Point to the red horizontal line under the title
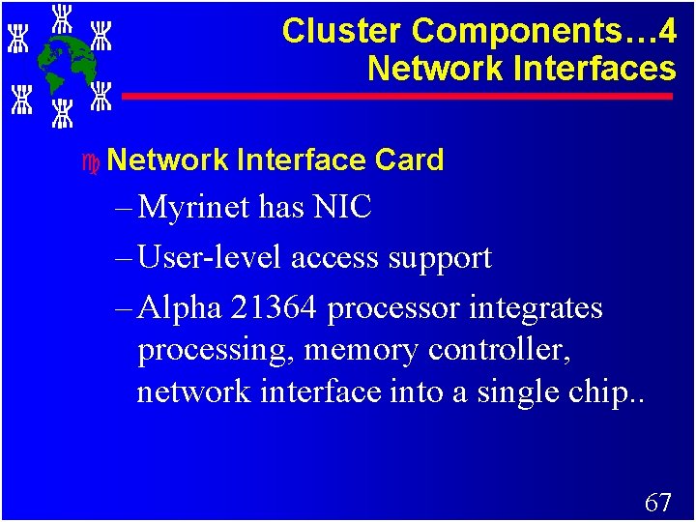pyautogui.click(x=396, y=97)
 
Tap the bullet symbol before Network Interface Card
pyautogui.click(x=91, y=160)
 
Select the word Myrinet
pyautogui.click(x=197, y=207)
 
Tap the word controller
pyautogui.click(x=501, y=350)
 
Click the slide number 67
pyautogui.click(x=657, y=502)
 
